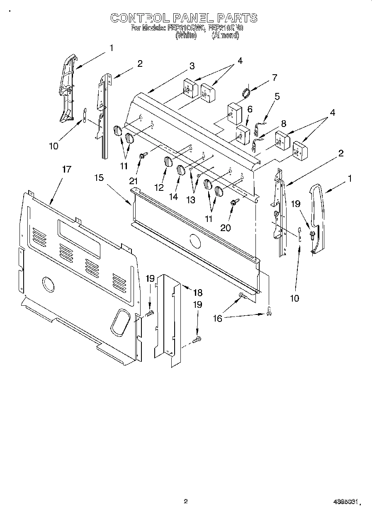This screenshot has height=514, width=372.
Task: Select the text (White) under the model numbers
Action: coord(185,36)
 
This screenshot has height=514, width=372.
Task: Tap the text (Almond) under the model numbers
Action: coord(225,36)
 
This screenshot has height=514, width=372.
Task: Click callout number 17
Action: coord(66,169)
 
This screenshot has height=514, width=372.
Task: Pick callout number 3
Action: coord(192,66)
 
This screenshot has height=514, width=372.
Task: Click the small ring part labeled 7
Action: coord(246,93)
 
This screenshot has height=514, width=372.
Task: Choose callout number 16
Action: coord(217,318)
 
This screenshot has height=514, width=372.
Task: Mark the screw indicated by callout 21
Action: coord(143,156)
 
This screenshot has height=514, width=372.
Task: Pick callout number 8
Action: coord(283,123)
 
